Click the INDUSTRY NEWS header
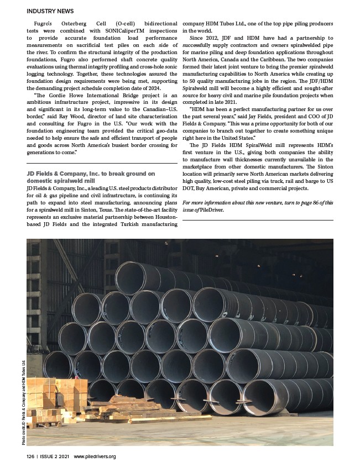(x=50, y=11)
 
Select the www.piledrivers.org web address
(x=95, y=456)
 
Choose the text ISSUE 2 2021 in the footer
(x=53, y=456)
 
